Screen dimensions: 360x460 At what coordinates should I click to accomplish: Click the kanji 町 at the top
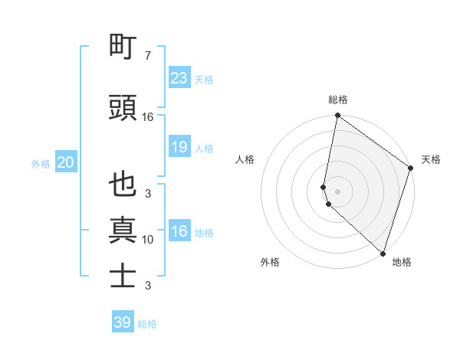123,47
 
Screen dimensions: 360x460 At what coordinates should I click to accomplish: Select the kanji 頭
123,108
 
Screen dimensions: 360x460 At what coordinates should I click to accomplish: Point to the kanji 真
123,231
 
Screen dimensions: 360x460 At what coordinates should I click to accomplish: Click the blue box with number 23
179,78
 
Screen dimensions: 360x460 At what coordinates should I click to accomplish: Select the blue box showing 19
179,147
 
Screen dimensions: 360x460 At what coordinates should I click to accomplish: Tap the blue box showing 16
179,232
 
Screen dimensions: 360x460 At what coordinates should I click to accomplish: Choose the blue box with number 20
66,162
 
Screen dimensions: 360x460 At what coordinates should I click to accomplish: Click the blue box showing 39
123,322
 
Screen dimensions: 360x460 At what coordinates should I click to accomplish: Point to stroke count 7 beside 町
147,56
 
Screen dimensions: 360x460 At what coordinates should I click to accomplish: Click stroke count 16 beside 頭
148,117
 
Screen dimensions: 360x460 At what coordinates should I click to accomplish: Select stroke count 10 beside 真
148,240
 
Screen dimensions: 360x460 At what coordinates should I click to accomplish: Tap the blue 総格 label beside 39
147,324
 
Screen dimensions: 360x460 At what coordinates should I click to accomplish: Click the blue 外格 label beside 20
41,163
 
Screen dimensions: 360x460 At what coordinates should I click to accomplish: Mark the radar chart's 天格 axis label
431,159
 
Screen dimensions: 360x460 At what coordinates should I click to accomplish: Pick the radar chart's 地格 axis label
402,262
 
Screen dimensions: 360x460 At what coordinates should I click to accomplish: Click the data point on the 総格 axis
337,116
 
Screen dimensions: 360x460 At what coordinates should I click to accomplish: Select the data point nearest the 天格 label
411,169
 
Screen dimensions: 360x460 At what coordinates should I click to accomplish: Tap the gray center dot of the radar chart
337,191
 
